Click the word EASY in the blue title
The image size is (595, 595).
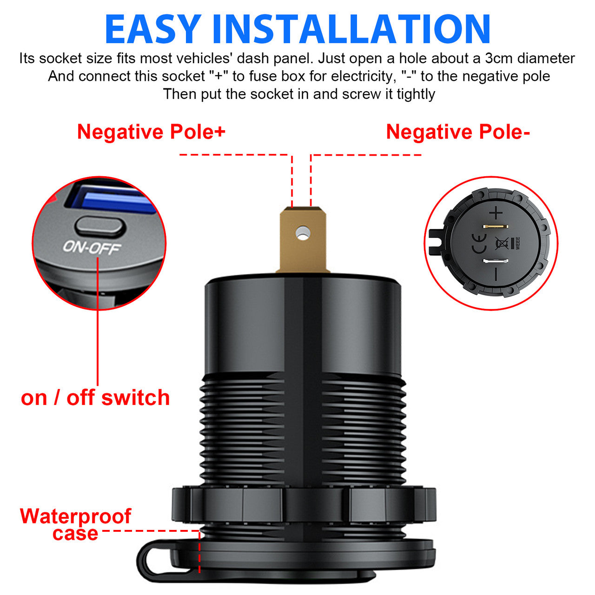coord(153,29)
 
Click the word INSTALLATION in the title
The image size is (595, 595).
coord(351,29)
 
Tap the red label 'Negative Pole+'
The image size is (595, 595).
coord(151,132)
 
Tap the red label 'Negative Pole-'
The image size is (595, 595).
coord(458,132)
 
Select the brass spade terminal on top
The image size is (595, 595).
coord(303,240)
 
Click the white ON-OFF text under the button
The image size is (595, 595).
coord(92,248)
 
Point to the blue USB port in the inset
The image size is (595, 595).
coord(114,201)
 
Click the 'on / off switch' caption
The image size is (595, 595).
coord(95,398)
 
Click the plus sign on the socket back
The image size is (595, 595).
coord(496,213)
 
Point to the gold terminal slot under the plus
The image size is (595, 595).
coord(496,226)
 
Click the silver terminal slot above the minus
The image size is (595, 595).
coord(496,261)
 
